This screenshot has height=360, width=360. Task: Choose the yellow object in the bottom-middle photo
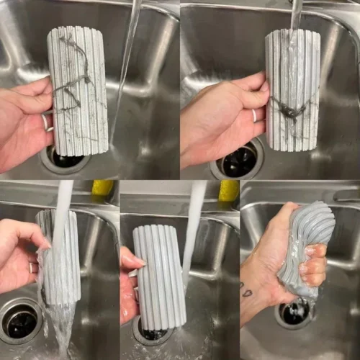click(228, 190)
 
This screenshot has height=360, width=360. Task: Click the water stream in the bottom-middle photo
click(193, 230)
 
